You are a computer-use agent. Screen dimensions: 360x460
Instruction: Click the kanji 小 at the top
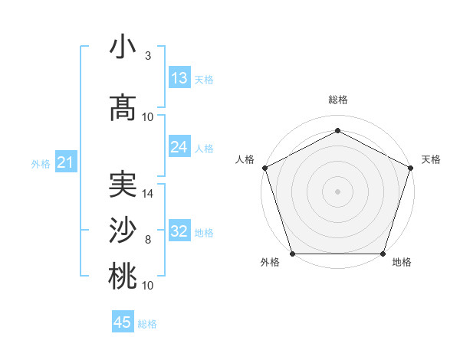123,47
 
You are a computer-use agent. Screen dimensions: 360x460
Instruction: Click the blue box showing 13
179,78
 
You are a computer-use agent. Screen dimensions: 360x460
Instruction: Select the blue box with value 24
179,147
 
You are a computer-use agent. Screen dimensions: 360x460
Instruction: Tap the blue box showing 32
179,231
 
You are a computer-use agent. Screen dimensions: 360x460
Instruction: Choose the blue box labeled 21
65,162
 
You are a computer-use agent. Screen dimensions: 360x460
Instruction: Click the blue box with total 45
123,322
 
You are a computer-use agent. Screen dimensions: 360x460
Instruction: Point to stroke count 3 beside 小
148,56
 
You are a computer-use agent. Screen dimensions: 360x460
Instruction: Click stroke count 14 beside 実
149,193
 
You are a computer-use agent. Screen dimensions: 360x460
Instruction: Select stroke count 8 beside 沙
148,239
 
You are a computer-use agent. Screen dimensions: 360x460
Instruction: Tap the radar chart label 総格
337,100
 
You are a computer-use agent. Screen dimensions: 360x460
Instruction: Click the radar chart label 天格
431,159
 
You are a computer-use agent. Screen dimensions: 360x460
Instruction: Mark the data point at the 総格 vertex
337,131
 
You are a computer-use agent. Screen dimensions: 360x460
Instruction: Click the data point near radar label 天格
411,168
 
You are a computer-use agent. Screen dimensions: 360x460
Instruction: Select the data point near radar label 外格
292,254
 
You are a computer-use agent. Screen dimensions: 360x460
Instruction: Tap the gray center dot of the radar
337,191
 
